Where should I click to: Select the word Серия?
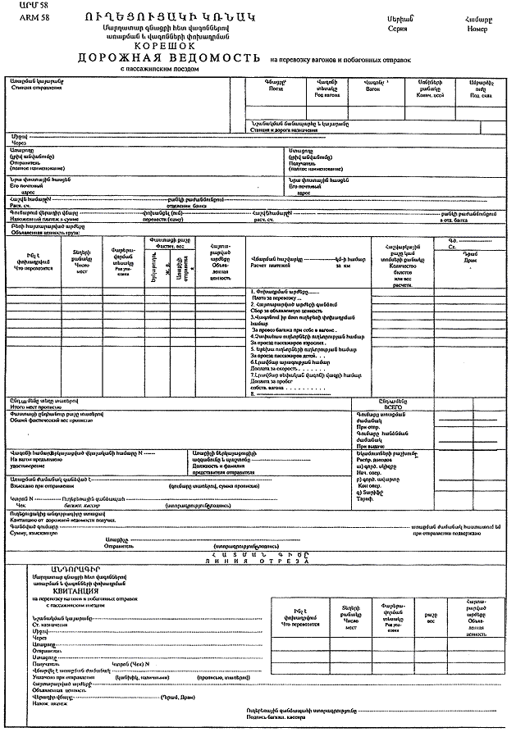(x=399, y=26)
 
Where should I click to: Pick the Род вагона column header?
(x=326, y=95)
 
